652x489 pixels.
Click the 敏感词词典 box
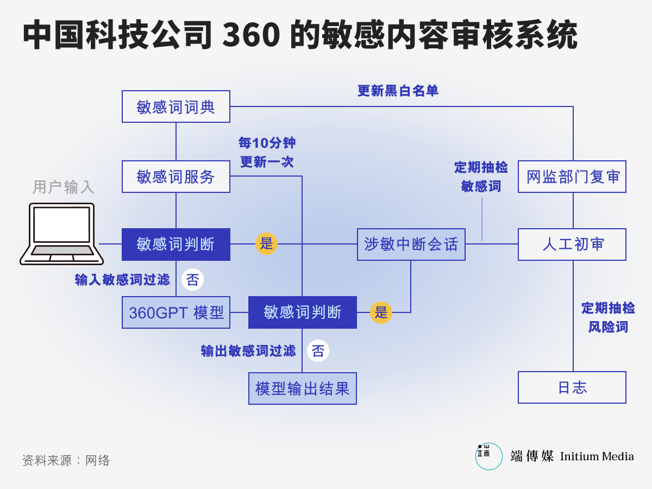[x=176, y=106]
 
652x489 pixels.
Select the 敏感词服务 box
[x=176, y=177]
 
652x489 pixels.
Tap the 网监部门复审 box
[x=572, y=177]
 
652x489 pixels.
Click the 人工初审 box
[x=572, y=244]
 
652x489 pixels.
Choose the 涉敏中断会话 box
[x=411, y=244]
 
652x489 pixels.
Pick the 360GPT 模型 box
[x=176, y=312]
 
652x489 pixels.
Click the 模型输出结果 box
[x=303, y=388]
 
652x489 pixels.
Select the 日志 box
[x=572, y=387]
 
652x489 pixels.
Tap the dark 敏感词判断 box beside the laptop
[x=176, y=244]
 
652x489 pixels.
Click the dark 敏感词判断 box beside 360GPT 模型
[x=303, y=312]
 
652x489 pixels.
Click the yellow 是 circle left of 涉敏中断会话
[x=266, y=244]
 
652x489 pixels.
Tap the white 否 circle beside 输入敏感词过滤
[x=192, y=279]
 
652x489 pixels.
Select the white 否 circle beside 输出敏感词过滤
[x=318, y=350]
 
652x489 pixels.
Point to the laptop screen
[x=61, y=225]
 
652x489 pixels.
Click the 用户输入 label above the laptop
[x=63, y=187]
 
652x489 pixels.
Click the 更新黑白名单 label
[x=398, y=91]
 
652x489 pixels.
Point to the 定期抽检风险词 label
[x=608, y=317]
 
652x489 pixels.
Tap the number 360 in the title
[x=251, y=34]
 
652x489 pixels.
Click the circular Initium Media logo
[x=488, y=456]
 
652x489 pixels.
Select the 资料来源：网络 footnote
[x=66, y=461]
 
